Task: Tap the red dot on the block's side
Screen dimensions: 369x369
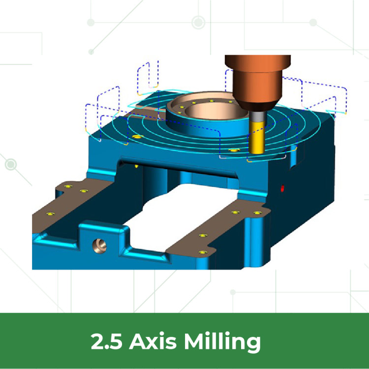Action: pos(282,188)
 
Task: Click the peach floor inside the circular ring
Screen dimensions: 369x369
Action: pos(210,115)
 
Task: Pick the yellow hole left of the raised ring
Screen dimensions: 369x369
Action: pos(137,136)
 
